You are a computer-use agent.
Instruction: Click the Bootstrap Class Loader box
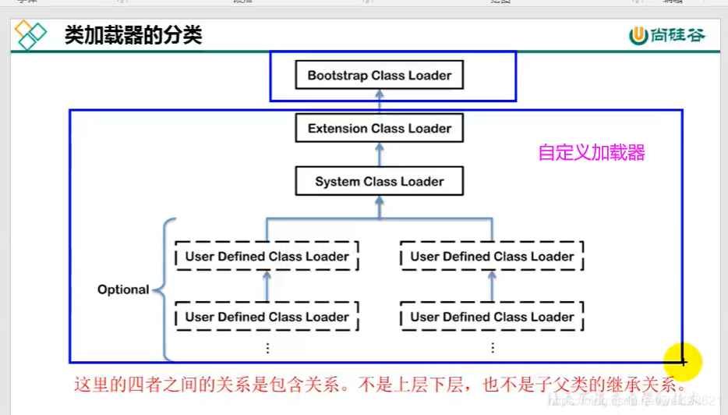tap(379, 76)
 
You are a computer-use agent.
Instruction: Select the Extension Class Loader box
tap(379, 129)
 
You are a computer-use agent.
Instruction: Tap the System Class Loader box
tap(379, 182)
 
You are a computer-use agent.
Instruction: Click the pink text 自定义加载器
tap(592, 153)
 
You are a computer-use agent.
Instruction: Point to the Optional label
tap(123, 289)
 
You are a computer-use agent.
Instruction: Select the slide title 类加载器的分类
tap(133, 35)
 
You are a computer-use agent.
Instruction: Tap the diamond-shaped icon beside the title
tap(31, 35)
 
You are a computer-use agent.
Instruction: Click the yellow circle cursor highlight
tap(683, 361)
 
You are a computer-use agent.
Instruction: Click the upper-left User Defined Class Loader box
tap(267, 257)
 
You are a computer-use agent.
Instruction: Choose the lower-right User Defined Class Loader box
tap(492, 317)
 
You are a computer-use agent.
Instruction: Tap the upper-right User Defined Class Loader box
tap(492, 257)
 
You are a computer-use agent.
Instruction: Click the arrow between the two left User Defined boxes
tap(267, 286)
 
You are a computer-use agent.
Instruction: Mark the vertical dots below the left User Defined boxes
tap(267, 348)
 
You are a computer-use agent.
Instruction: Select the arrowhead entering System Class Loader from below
tap(379, 200)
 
